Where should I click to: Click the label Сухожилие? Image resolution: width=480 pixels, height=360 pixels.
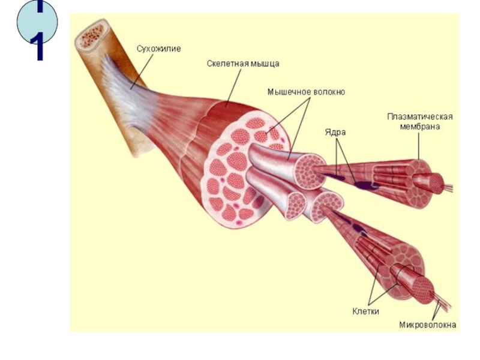click(159, 48)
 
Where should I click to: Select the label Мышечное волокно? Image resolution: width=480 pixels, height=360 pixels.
click(306, 92)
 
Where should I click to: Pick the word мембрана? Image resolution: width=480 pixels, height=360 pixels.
click(420, 127)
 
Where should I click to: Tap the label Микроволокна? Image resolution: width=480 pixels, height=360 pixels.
click(427, 326)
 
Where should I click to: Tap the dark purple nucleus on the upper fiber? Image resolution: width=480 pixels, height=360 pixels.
click(364, 185)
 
